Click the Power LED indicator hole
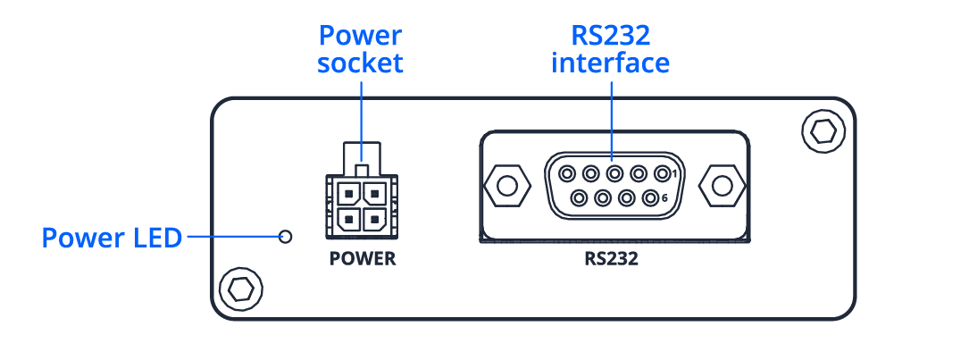tap(286, 237)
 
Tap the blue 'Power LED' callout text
tap(112, 238)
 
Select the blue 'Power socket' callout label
tap(361, 50)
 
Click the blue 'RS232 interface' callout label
tap(611, 50)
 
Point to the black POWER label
tap(362, 261)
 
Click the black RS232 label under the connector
tap(612, 261)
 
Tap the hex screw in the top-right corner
tap(822, 131)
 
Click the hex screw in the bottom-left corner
tap(240, 288)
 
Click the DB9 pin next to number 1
tap(662, 173)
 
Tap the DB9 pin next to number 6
tap(650, 197)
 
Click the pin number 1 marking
tap(674, 172)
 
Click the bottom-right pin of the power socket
tap(373, 215)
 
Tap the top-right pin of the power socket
tap(373, 191)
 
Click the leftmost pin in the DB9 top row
tap(565, 173)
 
